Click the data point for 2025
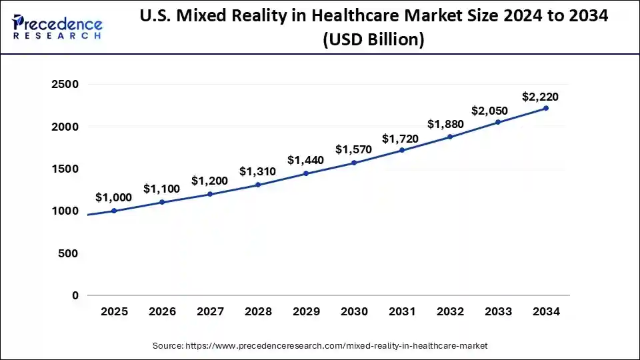(x=114, y=211)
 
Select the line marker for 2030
(x=354, y=163)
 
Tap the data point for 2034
(x=546, y=108)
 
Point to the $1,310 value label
(x=257, y=171)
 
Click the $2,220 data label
(x=541, y=97)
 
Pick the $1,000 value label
(x=113, y=197)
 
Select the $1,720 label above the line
(x=400, y=139)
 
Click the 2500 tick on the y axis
(x=65, y=84)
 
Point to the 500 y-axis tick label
(x=69, y=253)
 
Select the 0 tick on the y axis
(x=75, y=295)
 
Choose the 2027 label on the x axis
(x=210, y=311)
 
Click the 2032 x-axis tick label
(x=450, y=311)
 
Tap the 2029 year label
(x=306, y=311)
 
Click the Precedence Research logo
(x=57, y=28)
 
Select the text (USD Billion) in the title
(x=373, y=40)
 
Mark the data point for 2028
(x=258, y=185)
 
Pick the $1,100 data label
(x=161, y=189)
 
